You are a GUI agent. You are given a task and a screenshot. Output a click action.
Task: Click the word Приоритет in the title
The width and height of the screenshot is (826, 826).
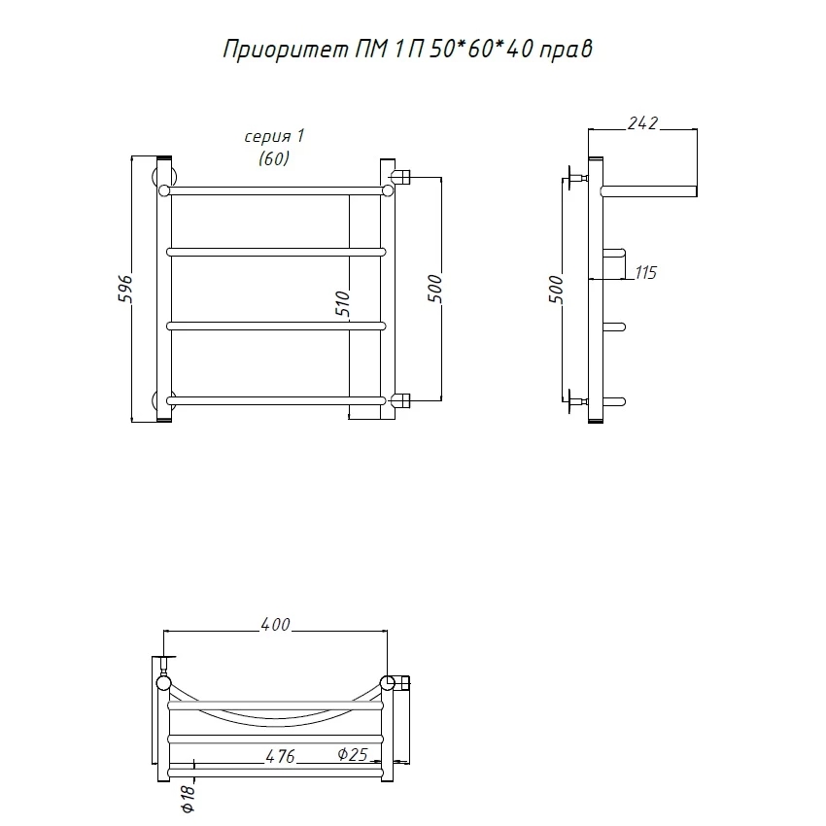[x=286, y=50]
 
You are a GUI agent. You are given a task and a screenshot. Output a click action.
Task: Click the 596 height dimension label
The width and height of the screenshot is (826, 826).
[x=125, y=289]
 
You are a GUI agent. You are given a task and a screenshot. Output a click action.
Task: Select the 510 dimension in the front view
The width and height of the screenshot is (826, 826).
[x=342, y=303]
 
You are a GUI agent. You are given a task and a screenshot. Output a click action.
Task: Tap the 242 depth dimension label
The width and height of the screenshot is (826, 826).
[x=642, y=122]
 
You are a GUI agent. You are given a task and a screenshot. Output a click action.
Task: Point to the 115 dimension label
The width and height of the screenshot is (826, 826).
[x=646, y=272]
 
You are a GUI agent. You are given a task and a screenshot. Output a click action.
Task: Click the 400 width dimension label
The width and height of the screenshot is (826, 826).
[x=276, y=624]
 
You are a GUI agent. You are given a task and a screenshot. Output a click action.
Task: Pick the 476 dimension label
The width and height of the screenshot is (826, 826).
[x=280, y=756]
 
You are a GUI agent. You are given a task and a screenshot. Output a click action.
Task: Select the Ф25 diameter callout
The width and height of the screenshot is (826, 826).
[x=353, y=754]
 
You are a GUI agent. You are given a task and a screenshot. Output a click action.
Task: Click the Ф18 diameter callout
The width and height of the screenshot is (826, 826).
[x=189, y=799]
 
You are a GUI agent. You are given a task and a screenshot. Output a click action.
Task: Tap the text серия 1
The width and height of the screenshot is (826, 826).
[x=274, y=136]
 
